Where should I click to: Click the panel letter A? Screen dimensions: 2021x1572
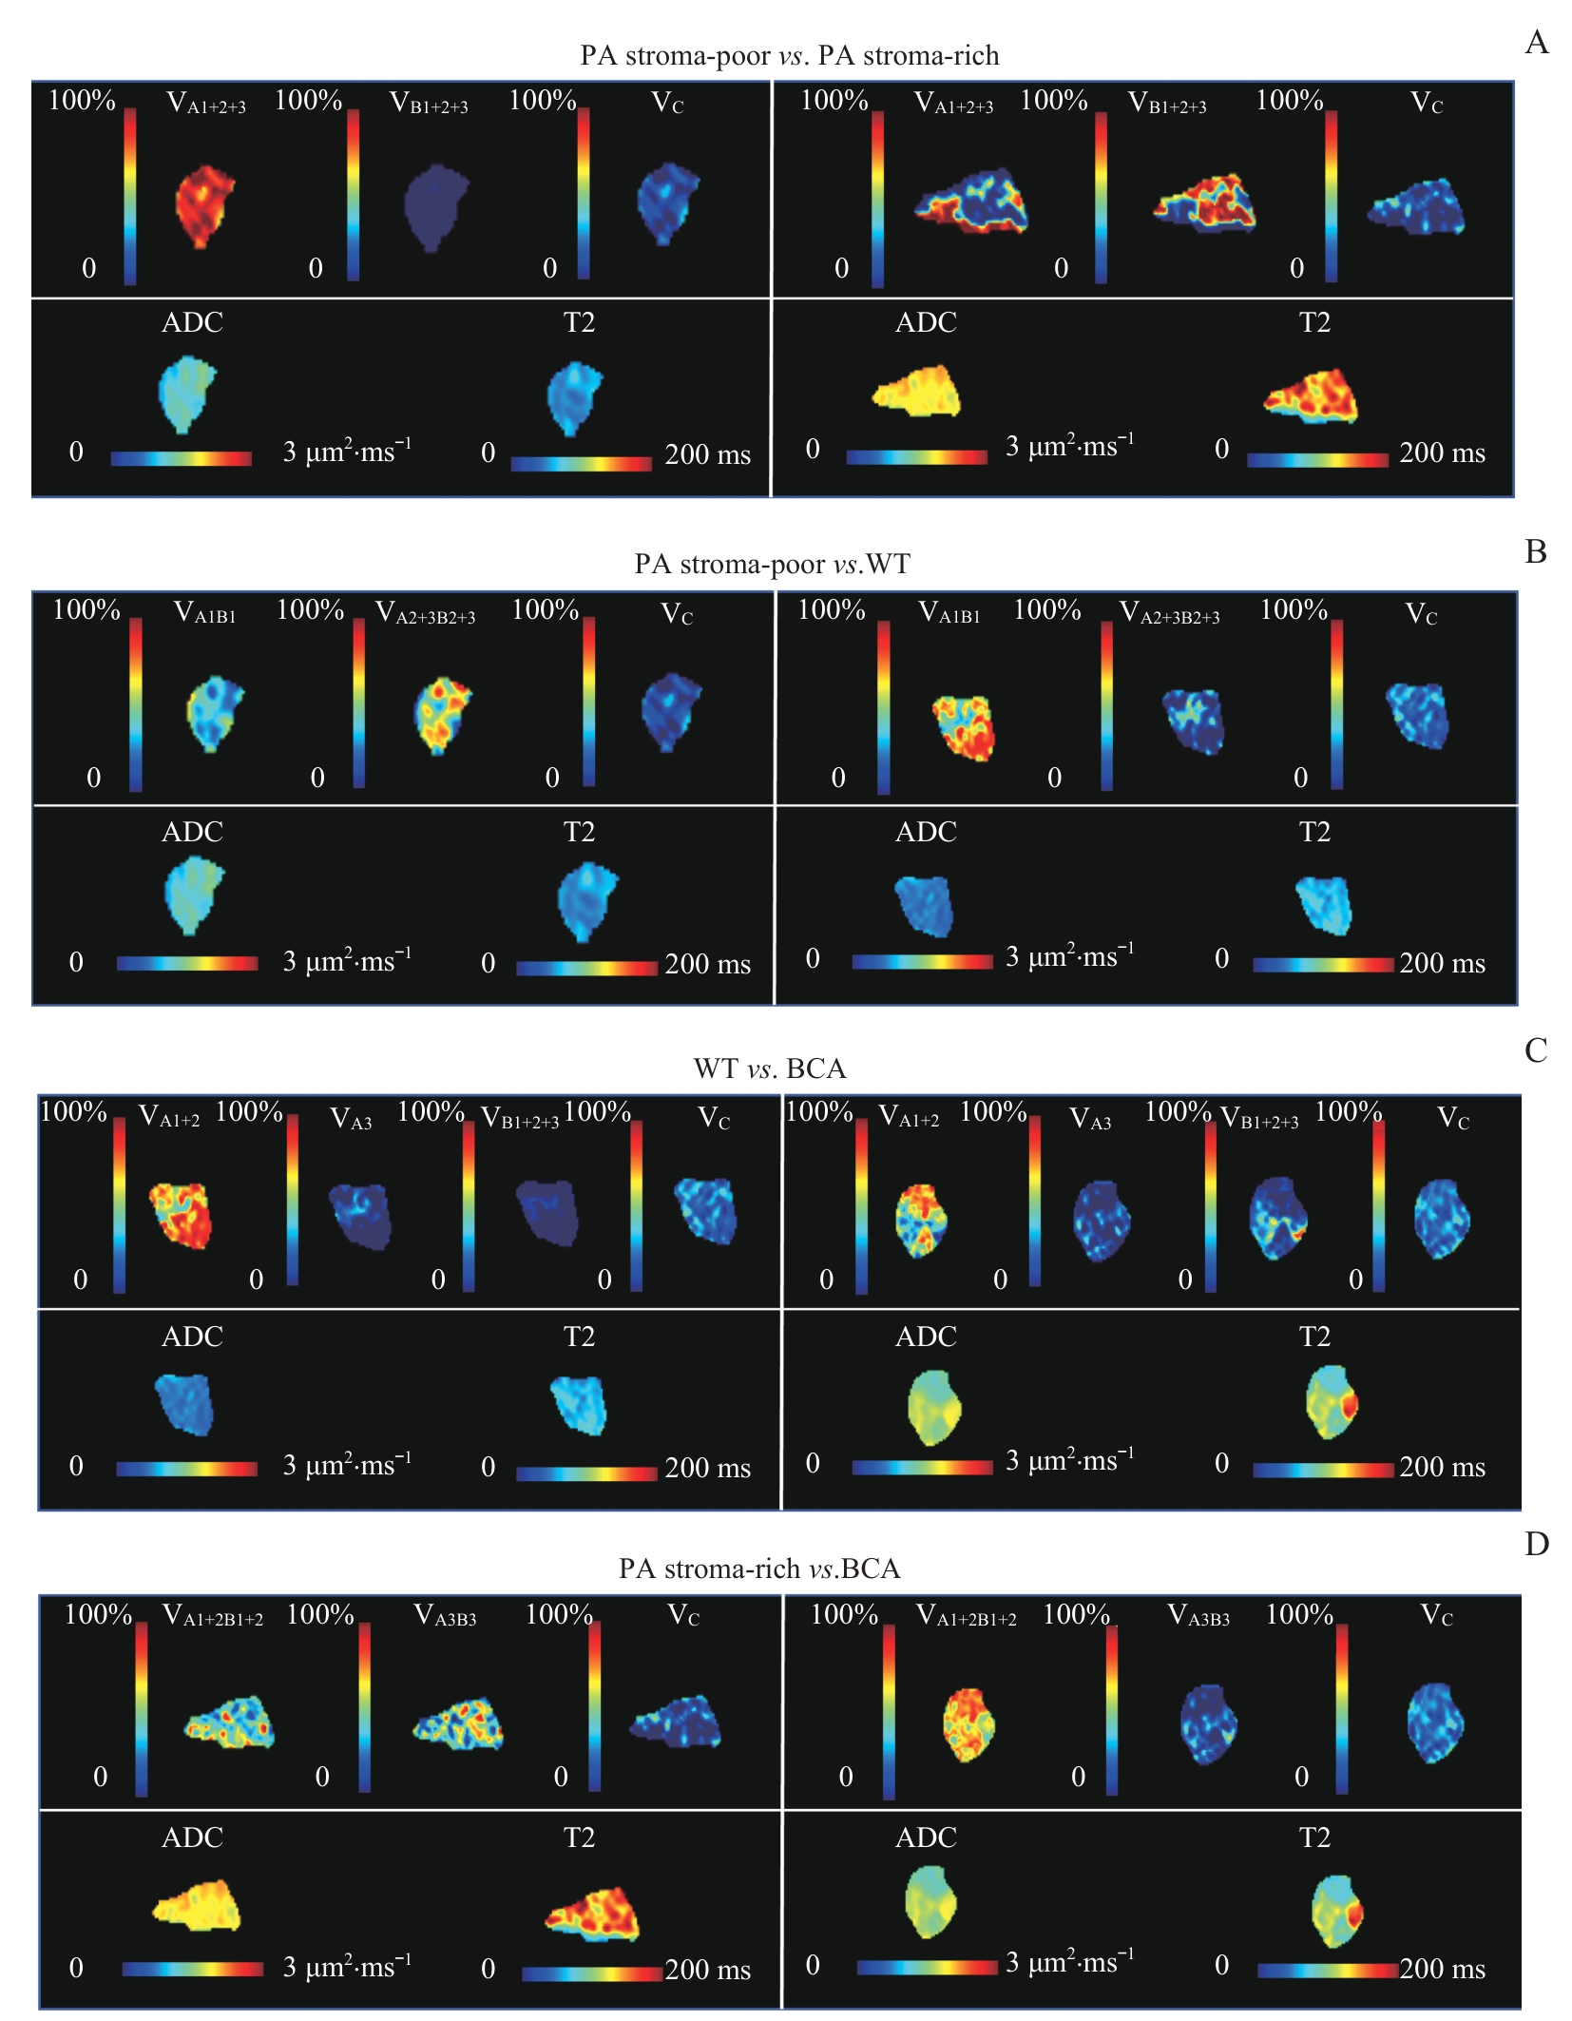pos(1536,43)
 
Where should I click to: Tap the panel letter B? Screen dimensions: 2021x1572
pos(1536,551)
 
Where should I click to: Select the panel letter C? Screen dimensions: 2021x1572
pos(1536,1050)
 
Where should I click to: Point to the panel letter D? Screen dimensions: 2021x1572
pos(1536,1545)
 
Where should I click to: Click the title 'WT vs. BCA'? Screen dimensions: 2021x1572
pos(770,1068)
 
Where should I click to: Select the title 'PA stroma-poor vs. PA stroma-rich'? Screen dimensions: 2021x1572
pos(789,55)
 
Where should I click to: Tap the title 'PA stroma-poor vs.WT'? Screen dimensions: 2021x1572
pos(772,564)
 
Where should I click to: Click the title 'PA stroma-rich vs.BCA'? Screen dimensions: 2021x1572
pos(759,1569)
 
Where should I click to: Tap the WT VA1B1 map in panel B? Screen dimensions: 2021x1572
pos(964,727)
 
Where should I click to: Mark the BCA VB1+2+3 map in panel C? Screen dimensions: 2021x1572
pos(1277,1219)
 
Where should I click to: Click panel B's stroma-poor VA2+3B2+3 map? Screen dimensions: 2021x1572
pos(441,714)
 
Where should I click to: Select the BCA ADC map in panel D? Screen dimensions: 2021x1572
pos(930,1901)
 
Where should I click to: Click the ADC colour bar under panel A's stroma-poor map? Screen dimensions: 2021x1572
pos(181,458)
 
